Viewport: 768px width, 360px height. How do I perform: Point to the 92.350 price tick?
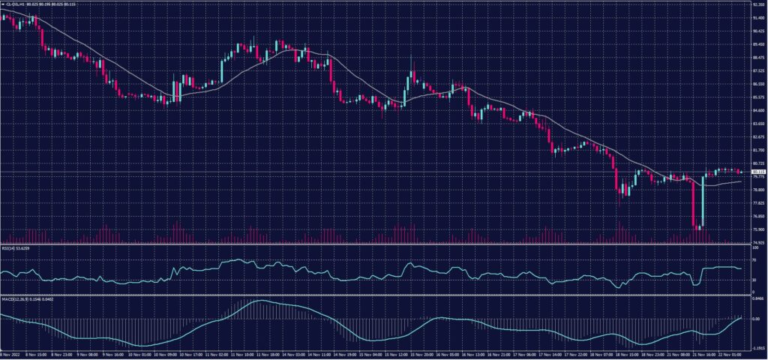(x=758, y=4)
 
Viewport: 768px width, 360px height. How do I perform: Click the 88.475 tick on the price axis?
(x=758, y=57)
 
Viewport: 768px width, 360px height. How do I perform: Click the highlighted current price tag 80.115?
(x=758, y=172)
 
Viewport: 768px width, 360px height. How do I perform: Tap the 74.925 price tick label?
(x=758, y=242)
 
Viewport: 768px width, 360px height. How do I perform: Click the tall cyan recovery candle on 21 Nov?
(x=703, y=202)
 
